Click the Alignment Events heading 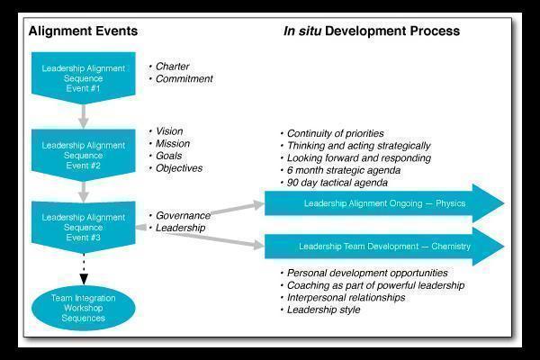(83, 31)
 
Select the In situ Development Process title (371, 31)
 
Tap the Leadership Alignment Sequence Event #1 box (84, 74)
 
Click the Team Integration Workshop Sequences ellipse (84, 306)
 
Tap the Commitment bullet (184, 78)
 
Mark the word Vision (169, 131)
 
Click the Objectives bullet (179, 167)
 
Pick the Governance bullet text (183, 216)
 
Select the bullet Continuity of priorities (335, 134)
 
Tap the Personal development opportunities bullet (366, 273)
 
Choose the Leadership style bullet (323, 310)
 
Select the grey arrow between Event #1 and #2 (84, 114)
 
